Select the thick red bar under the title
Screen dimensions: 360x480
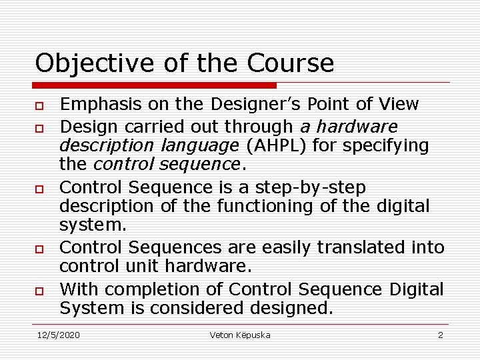click(x=155, y=85)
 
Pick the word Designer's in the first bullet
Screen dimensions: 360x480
click(x=249, y=104)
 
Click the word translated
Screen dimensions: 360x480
click(x=361, y=247)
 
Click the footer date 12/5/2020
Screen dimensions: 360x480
click(x=57, y=335)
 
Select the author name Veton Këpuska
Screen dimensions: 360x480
click(x=239, y=335)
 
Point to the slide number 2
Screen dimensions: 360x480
click(x=440, y=335)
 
